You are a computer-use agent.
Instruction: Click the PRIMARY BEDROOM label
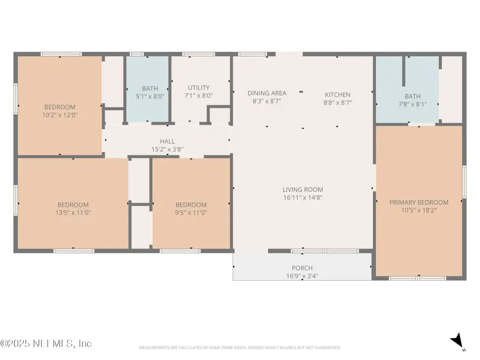point(419,202)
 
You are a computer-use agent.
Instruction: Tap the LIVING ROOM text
point(302,189)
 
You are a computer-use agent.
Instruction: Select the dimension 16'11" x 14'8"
point(302,197)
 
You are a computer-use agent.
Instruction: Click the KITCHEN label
point(338,94)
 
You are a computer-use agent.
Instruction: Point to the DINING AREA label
point(269,93)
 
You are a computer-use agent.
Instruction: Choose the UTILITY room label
point(198,87)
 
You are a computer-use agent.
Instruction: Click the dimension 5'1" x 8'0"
point(150,97)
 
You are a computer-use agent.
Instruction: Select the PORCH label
point(302,268)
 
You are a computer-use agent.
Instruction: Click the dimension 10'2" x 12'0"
point(60,115)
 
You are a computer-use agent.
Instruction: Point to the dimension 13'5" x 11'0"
point(73,212)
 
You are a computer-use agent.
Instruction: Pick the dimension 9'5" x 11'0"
point(191,212)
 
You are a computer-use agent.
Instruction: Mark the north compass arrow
point(457,340)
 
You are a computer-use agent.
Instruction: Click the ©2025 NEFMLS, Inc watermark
point(46,343)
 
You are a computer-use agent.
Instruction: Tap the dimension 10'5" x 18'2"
point(419,210)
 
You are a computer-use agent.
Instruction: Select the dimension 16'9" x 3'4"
point(302,276)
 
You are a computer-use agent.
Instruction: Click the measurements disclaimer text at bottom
point(239,347)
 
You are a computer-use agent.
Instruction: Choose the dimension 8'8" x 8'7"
point(338,102)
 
